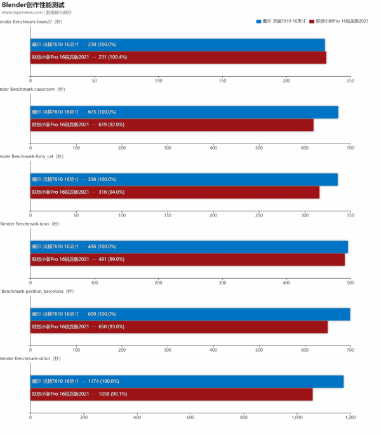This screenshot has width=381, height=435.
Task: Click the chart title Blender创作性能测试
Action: [x=33, y=5]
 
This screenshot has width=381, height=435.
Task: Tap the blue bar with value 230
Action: [x=178, y=44]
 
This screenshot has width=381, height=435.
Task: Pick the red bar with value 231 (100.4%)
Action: [x=178, y=57]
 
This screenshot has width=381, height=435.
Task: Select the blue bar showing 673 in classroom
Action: [x=184, y=112]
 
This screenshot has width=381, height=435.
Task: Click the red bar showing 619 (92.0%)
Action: [x=172, y=124]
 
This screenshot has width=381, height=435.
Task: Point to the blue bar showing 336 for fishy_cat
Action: [x=184, y=179]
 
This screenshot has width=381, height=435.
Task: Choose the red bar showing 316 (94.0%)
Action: [x=175, y=192]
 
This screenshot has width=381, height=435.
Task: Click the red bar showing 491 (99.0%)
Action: [x=187, y=259]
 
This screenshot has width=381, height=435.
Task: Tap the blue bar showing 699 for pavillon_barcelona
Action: [x=190, y=314]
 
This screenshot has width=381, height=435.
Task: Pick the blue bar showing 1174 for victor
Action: [x=187, y=381]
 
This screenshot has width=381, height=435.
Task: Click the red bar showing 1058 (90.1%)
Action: [x=171, y=394]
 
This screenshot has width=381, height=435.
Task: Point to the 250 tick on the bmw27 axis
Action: [x=350, y=81]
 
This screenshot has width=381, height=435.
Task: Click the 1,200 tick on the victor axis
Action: [x=350, y=417]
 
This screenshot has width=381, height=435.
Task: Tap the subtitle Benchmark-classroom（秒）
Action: [x=32, y=89]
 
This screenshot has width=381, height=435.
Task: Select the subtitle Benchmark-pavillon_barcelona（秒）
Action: [x=32, y=291]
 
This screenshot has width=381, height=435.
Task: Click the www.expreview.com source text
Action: [x=22, y=12]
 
